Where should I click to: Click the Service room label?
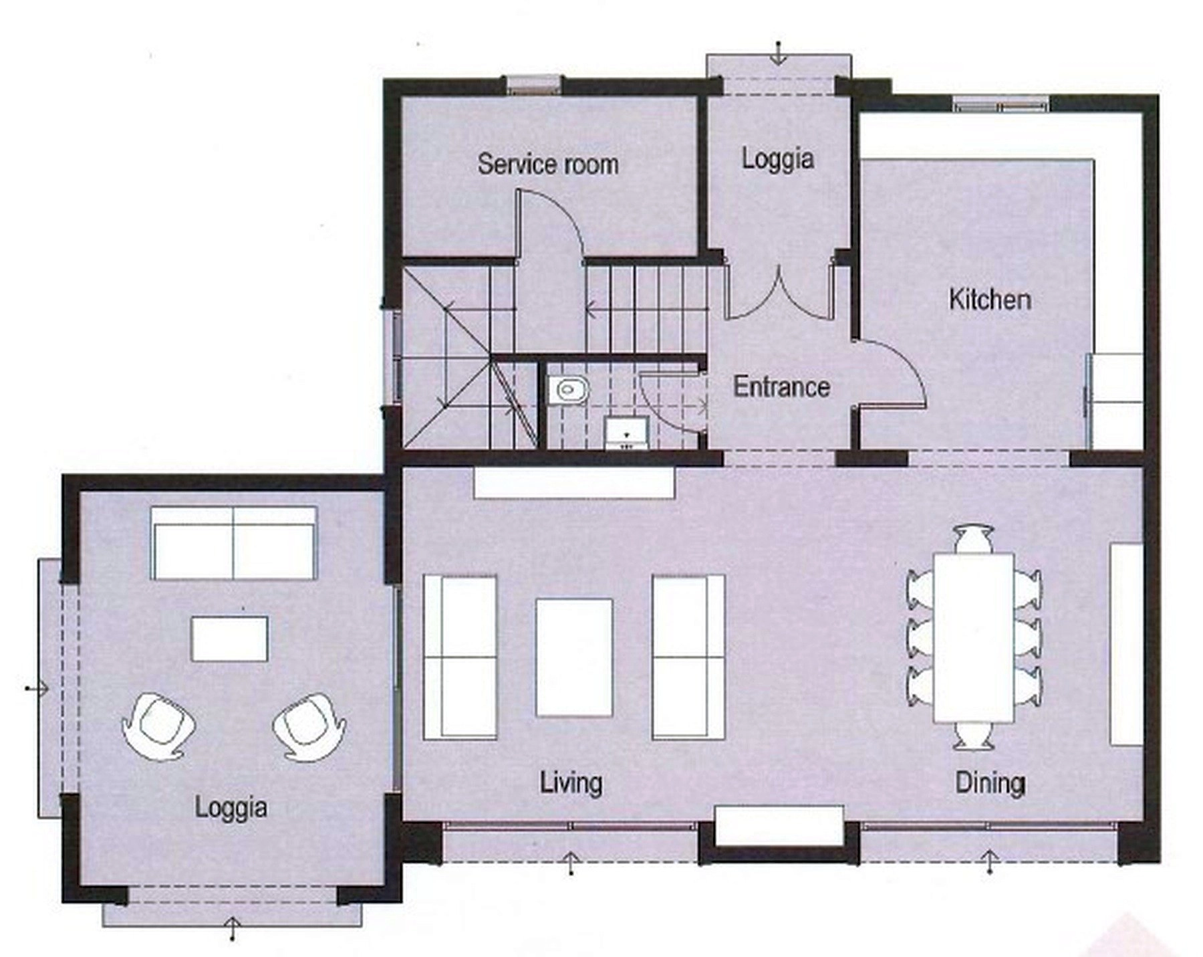point(548,165)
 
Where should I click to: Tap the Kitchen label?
point(990,299)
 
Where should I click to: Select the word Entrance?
point(781,387)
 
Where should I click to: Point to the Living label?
point(571,783)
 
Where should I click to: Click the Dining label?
point(990,783)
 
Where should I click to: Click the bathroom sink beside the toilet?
point(627,433)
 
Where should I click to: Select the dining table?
point(973,637)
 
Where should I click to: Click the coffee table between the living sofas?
point(574,657)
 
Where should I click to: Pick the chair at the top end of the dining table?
point(973,539)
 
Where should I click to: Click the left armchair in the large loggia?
point(158,726)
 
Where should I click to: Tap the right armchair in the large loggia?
point(309,726)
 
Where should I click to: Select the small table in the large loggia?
point(230,639)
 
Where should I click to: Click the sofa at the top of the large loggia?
point(233,543)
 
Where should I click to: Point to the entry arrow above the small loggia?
point(778,53)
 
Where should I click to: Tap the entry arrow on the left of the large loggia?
point(37,687)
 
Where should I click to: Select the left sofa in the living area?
point(460,657)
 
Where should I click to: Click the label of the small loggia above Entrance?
point(778,159)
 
